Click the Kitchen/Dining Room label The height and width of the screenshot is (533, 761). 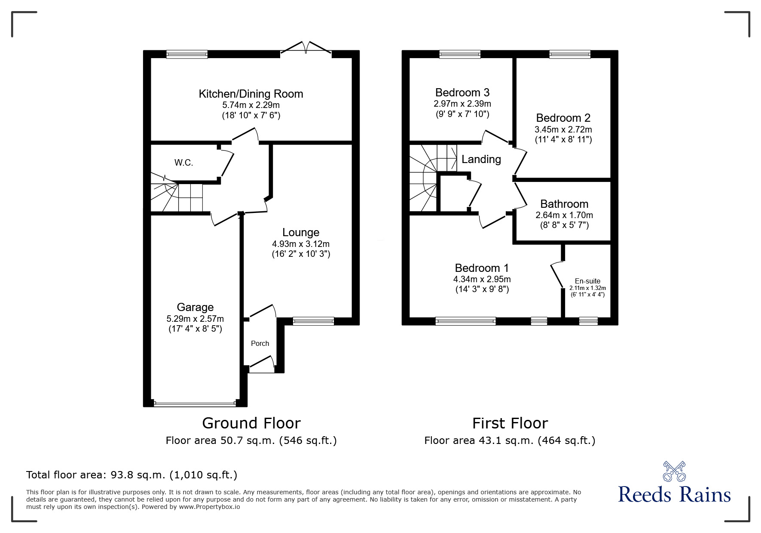click(251, 94)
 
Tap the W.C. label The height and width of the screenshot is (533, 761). click(183, 163)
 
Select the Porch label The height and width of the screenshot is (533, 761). click(260, 343)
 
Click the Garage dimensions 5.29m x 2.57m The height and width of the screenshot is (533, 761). click(195, 319)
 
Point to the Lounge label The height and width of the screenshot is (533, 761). click(300, 232)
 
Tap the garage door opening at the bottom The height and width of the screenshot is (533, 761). click(195, 404)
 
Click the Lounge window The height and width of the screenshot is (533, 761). click(313, 320)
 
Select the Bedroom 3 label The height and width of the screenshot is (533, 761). click(462, 92)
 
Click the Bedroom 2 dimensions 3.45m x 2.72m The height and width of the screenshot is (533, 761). click(563, 129)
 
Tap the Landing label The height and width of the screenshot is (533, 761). click(481, 159)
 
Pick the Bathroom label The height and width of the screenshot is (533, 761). click(564, 204)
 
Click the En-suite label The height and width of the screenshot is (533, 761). click(587, 281)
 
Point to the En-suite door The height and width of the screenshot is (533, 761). click(557, 274)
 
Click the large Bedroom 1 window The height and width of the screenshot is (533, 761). click(465, 320)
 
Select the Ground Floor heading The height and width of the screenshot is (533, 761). click(251, 423)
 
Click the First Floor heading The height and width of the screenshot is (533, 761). click(510, 423)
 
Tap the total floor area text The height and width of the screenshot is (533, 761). click(131, 475)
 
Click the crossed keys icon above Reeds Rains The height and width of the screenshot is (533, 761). click(674, 471)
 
